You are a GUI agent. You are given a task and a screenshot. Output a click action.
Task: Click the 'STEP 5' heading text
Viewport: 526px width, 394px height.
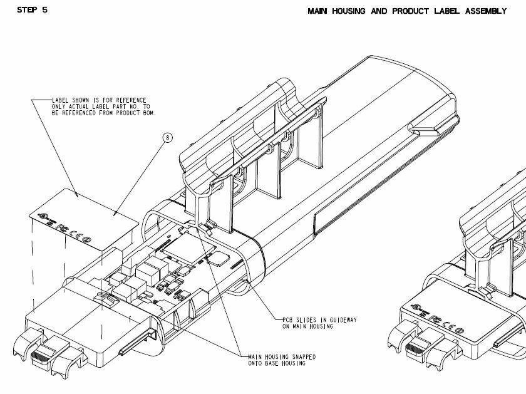pos(32,10)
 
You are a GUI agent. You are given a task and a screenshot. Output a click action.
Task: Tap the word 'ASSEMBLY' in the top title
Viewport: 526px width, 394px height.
pos(486,11)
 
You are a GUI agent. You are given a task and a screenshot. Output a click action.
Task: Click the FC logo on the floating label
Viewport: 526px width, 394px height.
pos(61,228)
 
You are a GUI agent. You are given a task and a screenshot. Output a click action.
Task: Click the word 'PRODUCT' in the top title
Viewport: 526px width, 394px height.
pos(411,11)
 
